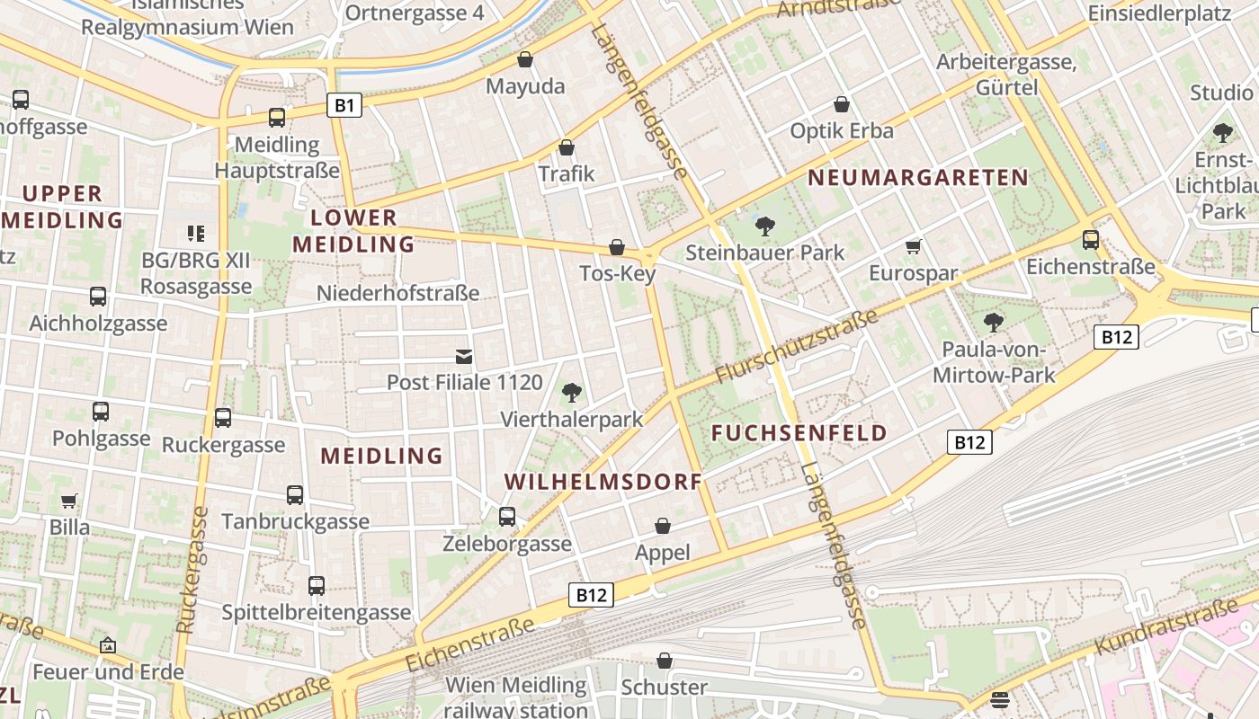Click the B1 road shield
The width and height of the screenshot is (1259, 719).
click(x=344, y=105)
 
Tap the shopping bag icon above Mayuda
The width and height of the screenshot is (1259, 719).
click(x=525, y=60)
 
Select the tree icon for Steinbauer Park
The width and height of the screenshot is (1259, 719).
click(x=765, y=226)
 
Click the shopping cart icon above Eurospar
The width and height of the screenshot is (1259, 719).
click(x=914, y=246)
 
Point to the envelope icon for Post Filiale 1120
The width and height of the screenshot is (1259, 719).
click(x=464, y=357)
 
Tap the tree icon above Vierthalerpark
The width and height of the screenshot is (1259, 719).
click(x=571, y=392)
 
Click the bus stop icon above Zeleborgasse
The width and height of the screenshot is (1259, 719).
click(x=507, y=517)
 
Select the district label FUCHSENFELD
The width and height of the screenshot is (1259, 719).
click(x=799, y=433)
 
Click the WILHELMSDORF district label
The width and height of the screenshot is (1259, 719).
click(x=603, y=482)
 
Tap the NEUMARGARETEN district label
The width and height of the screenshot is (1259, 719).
click(x=917, y=178)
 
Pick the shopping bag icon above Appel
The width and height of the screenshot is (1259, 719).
click(x=663, y=526)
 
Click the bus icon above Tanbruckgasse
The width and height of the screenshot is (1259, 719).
click(x=295, y=494)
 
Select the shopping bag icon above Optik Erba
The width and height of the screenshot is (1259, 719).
click(x=842, y=104)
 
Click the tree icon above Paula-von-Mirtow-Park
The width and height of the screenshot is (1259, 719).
click(x=994, y=323)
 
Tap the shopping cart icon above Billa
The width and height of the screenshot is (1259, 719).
click(x=69, y=501)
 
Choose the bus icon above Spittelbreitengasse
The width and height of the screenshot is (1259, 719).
click(x=317, y=586)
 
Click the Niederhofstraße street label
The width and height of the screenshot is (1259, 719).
click(x=397, y=294)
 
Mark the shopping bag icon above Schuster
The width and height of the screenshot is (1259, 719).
click(x=665, y=661)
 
